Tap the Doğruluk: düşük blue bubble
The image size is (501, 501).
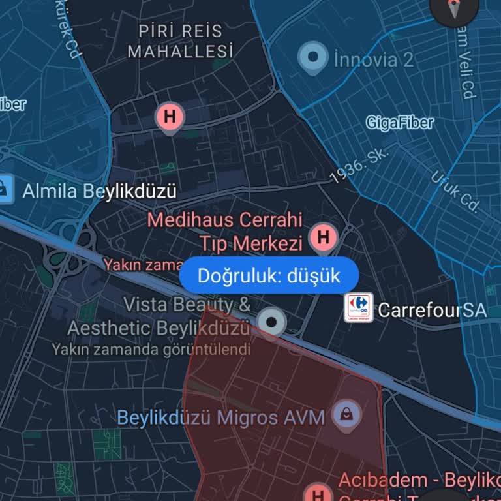[269, 276]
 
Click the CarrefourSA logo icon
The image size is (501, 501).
[359, 308]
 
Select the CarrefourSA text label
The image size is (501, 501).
[432, 310]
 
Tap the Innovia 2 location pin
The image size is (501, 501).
[313, 58]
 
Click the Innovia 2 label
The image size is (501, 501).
[373, 60]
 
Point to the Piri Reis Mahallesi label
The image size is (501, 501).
[180, 40]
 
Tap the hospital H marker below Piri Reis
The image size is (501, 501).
[170, 117]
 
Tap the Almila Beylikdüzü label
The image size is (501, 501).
[100, 192]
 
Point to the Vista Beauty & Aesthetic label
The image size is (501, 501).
[159, 316]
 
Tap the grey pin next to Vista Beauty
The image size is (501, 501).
[271, 322]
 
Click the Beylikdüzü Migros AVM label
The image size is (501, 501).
[220, 417]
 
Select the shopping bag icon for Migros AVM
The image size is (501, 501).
[346, 414]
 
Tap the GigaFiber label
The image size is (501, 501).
[399, 122]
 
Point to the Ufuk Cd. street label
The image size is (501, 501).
[455, 191]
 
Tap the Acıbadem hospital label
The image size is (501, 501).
[417, 481]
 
